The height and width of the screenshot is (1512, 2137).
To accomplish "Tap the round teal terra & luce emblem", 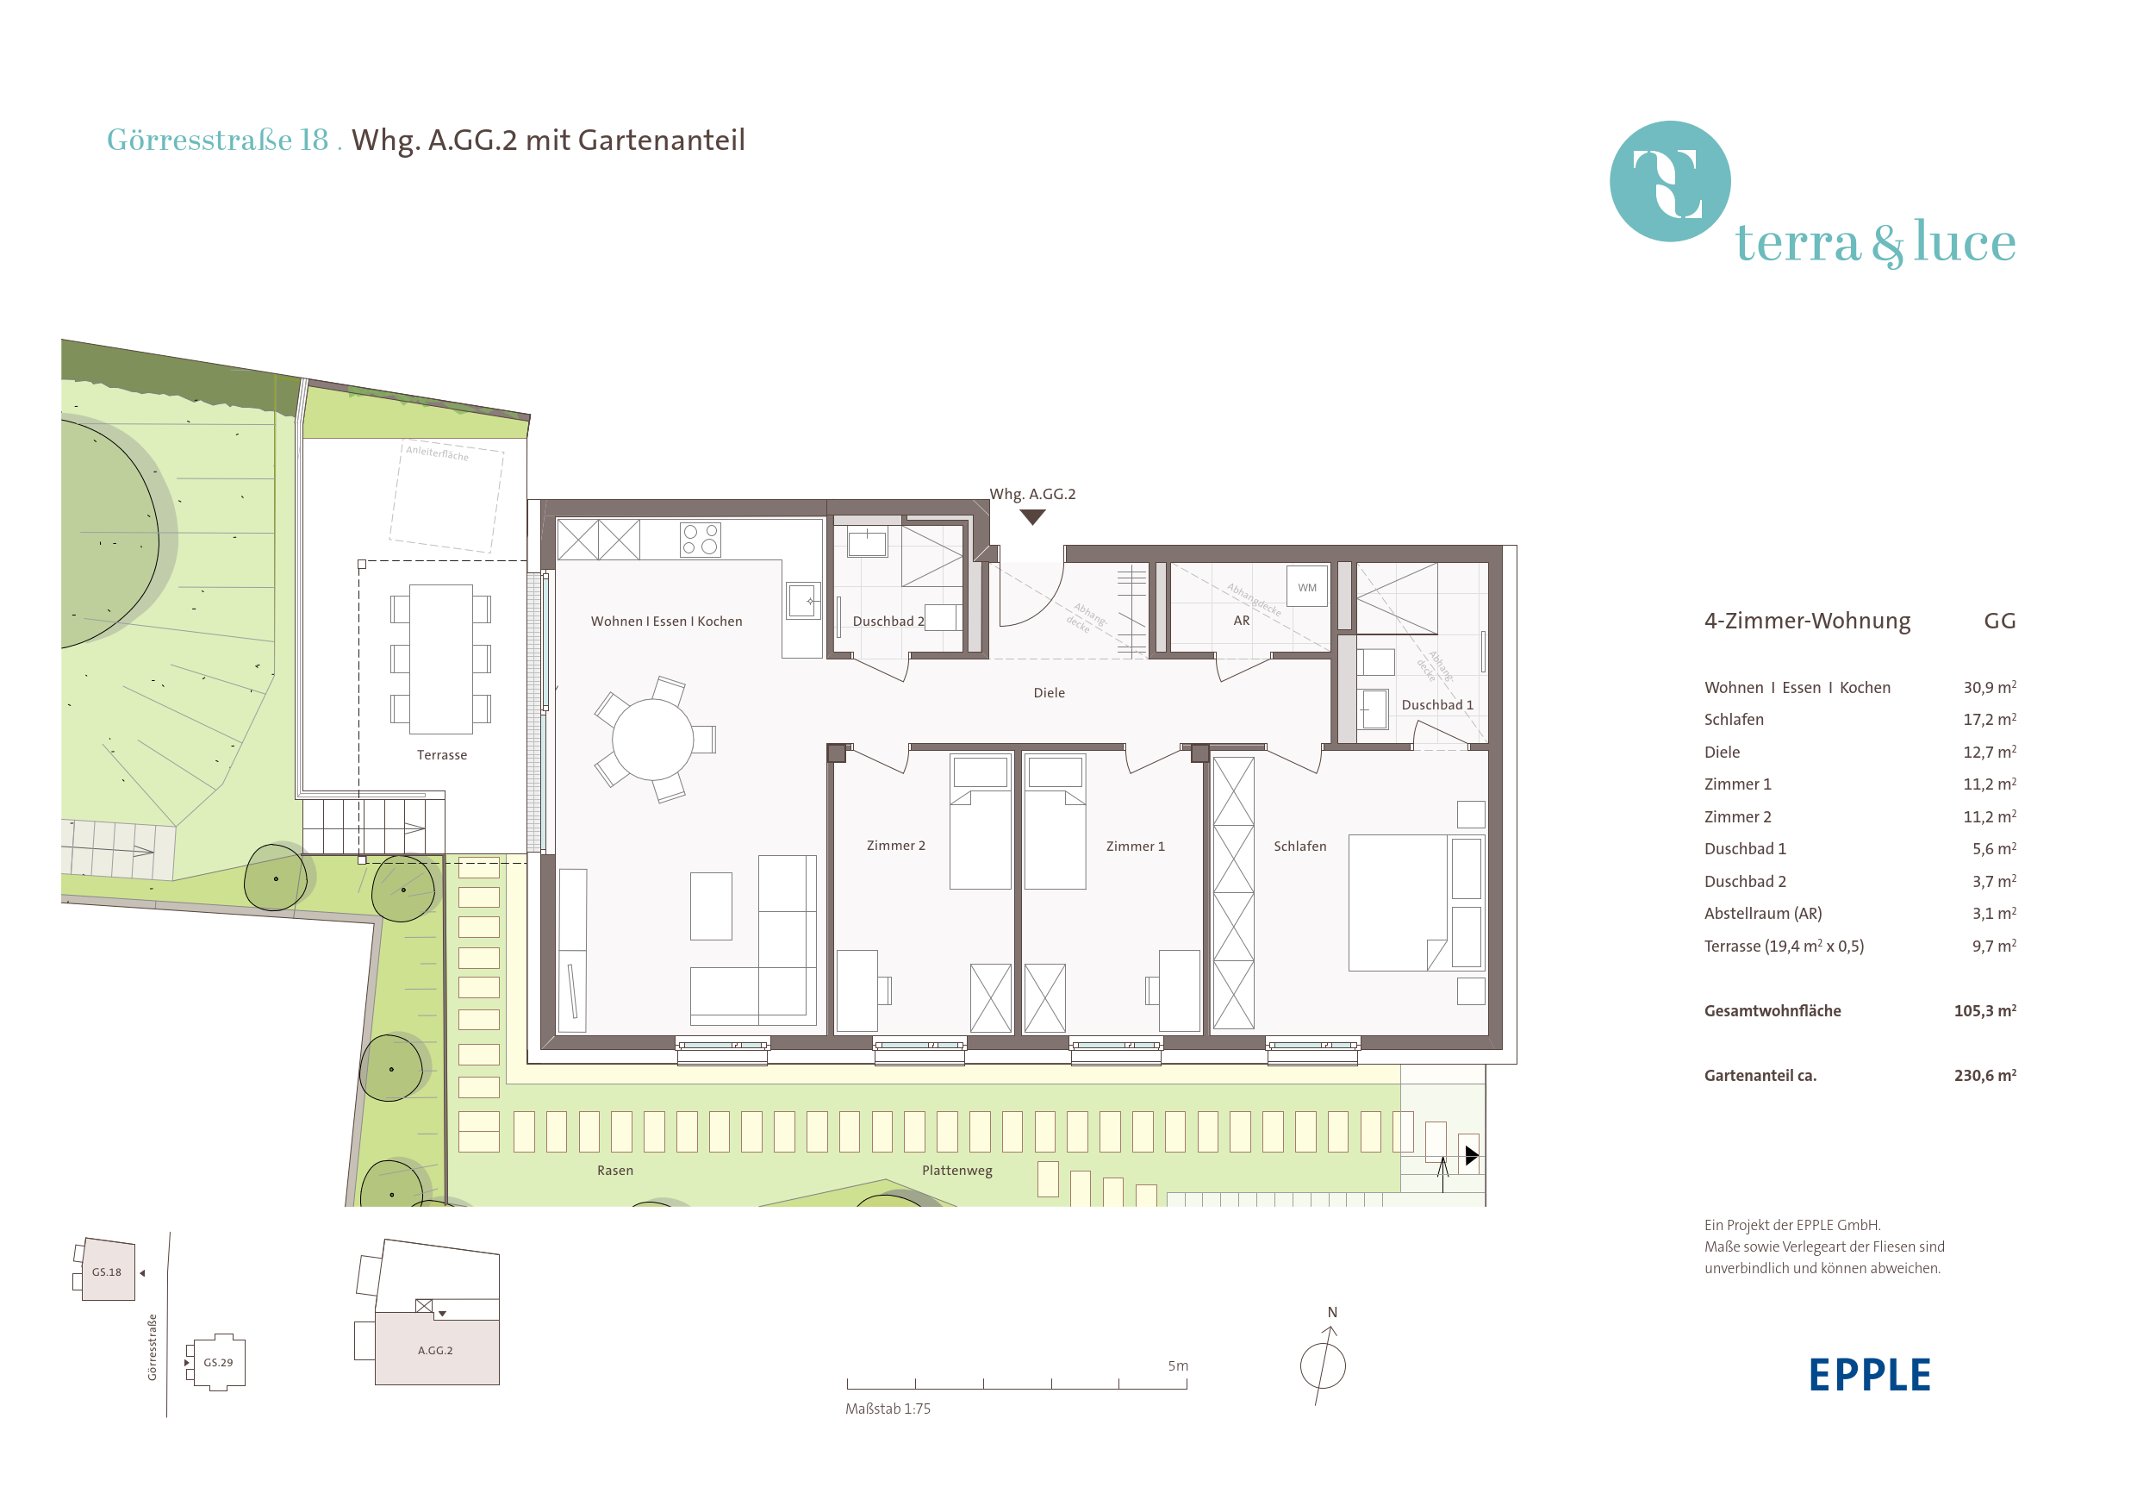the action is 1670,182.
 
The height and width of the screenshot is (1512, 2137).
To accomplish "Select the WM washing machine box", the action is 1307,586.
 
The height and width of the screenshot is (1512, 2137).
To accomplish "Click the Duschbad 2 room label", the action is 888,621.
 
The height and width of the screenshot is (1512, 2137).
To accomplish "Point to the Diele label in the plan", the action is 1049,693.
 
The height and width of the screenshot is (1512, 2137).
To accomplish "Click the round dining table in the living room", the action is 652,740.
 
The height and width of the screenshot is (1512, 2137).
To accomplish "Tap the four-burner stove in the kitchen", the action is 700,539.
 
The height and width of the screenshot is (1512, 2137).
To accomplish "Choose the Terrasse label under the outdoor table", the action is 442,755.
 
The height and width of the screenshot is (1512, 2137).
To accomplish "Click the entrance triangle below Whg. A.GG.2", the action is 1032,516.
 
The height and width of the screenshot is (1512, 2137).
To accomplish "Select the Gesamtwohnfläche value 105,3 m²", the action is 1984,1010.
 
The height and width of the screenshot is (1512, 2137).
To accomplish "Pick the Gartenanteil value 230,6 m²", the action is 1984,1075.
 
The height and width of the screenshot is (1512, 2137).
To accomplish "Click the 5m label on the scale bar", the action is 1177,1365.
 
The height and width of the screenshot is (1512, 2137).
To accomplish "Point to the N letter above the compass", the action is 1332,1312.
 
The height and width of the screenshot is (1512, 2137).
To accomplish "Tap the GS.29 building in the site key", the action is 219,1362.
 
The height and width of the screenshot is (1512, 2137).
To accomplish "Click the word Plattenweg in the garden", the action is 956,1171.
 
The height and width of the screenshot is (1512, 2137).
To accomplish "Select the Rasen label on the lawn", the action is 615,1171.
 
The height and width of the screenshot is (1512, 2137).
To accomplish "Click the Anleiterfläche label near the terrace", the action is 438,453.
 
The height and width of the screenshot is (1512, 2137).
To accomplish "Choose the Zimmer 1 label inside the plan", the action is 1135,847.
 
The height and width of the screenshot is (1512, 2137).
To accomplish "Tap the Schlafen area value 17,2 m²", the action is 1989,719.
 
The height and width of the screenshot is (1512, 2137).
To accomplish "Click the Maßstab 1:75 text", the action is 887,1409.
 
